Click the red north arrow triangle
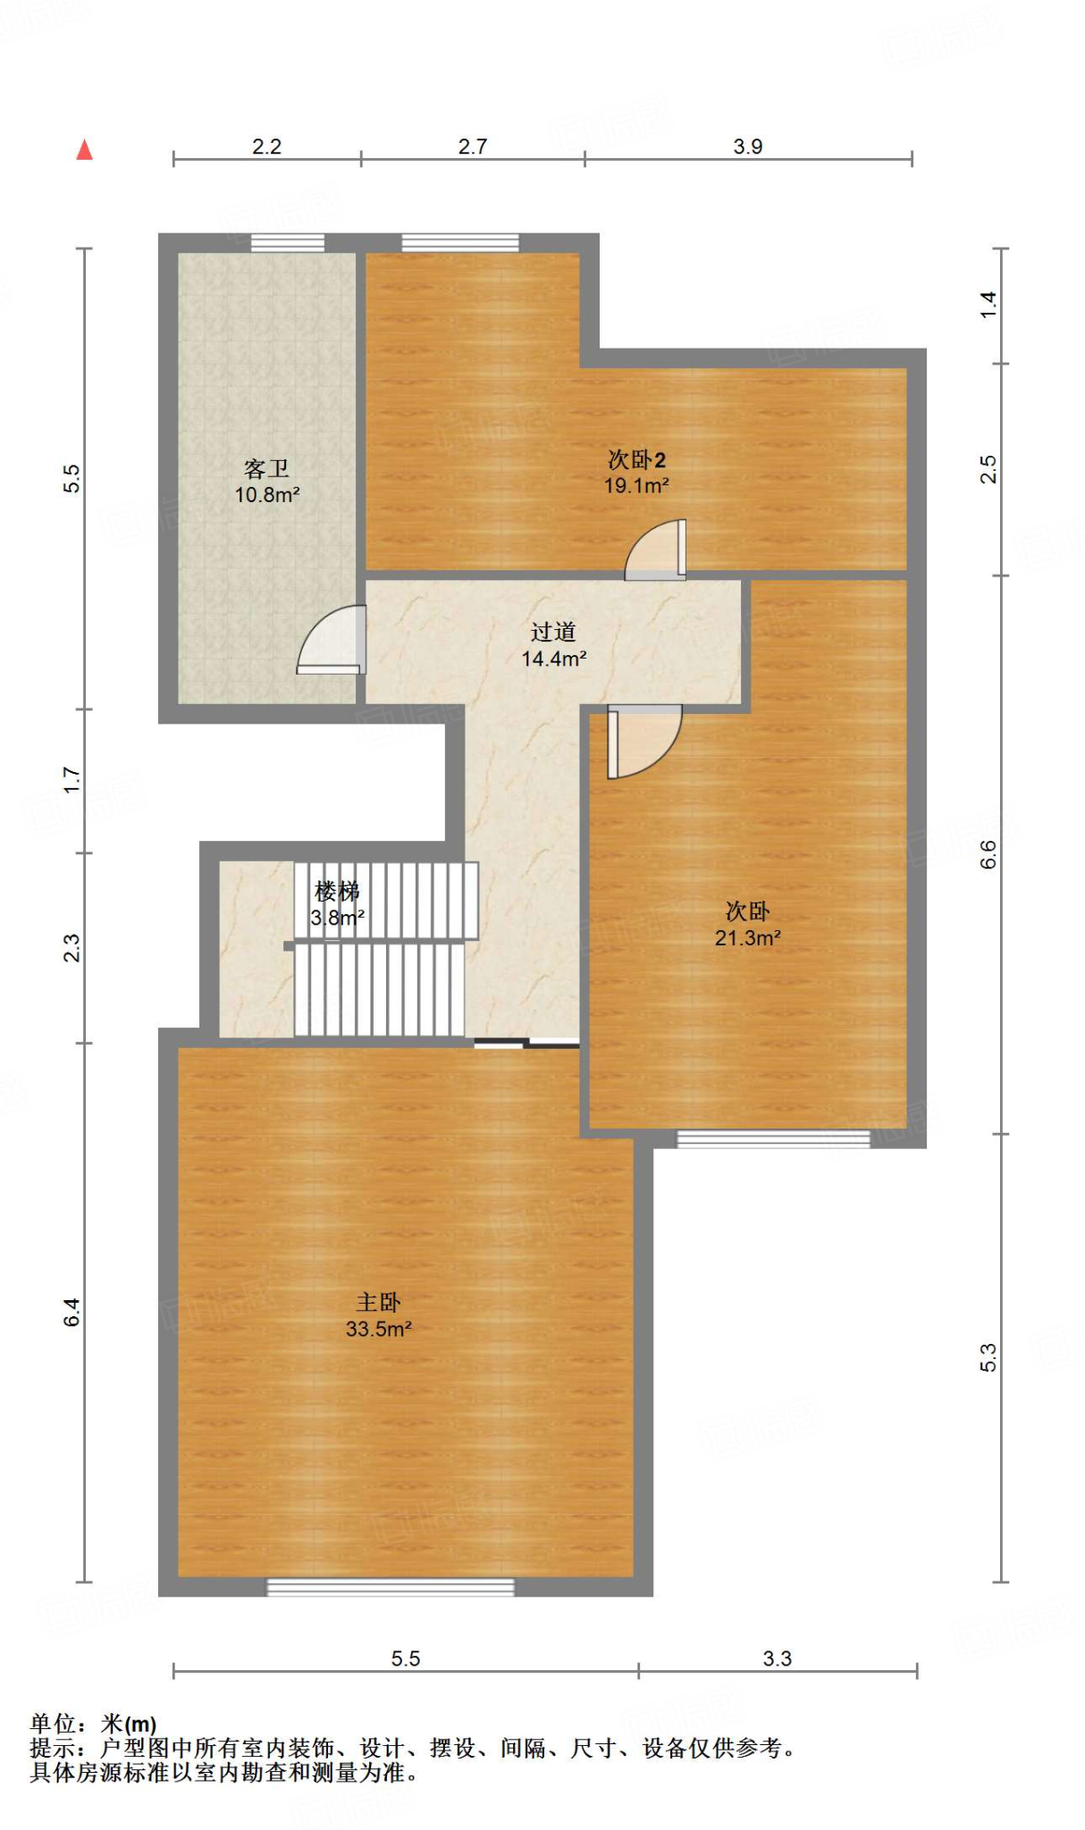coord(85,149)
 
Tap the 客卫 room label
coord(266,468)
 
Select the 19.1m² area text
coord(636,485)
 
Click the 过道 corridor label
coord(553,632)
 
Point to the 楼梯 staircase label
coord(337,891)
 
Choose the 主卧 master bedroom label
coord(378,1302)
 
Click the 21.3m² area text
coord(747,937)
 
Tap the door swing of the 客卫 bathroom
coord(332,639)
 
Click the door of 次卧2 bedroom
coord(655,550)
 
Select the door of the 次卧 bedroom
coord(644,741)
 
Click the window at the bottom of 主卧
coord(391,1587)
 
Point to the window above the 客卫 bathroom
coord(287,242)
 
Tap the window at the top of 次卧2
coord(460,242)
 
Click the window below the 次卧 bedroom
coord(773,1138)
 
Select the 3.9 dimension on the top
coord(748,147)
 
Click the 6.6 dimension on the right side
coord(988,855)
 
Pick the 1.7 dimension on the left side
coord(71,780)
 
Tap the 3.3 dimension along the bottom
coord(778,1659)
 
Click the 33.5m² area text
coord(379,1329)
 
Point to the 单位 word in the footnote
coord(52,1724)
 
